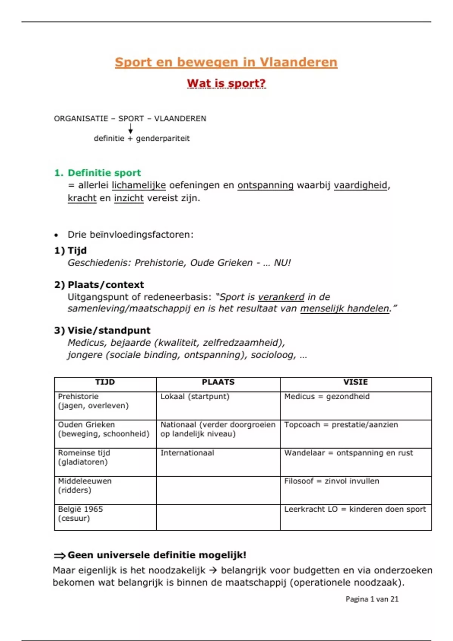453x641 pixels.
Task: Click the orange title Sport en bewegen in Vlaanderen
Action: (x=226, y=62)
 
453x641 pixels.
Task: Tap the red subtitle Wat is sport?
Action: (x=226, y=83)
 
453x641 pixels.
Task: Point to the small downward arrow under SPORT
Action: (x=131, y=129)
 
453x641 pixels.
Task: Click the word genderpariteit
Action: (x=163, y=138)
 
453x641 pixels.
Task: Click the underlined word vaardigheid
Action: (x=361, y=185)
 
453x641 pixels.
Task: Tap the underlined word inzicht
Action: (x=129, y=198)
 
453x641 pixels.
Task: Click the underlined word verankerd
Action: (x=281, y=297)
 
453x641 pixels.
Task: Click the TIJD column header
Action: (x=105, y=382)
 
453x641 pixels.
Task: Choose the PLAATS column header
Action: (x=218, y=382)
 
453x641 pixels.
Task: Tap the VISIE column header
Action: (x=355, y=382)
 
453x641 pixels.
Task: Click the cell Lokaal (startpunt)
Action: (x=195, y=397)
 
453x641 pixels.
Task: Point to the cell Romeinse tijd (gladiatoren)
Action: (x=84, y=457)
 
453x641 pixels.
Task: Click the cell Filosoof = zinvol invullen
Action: (x=331, y=481)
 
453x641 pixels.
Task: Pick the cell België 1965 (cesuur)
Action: (x=80, y=514)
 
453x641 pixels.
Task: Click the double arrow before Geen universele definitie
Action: (x=59, y=555)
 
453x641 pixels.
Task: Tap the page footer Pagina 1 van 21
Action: (x=372, y=599)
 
